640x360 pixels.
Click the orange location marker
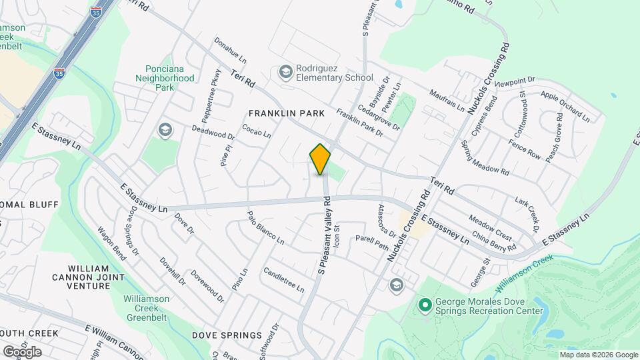(x=321, y=159)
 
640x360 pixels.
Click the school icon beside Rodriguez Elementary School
(x=285, y=72)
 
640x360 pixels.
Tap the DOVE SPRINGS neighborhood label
(x=227, y=335)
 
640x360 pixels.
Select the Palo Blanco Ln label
(x=265, y=227)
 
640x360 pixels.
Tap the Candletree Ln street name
(x=283, y=280)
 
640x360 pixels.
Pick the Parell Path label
(x=371, y=242)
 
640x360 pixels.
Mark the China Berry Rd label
(x=494, y=241)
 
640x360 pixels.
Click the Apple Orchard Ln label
(x=565, y=106)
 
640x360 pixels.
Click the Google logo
(x=22, y=351)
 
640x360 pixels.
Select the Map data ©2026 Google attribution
(x=598, y=355)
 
